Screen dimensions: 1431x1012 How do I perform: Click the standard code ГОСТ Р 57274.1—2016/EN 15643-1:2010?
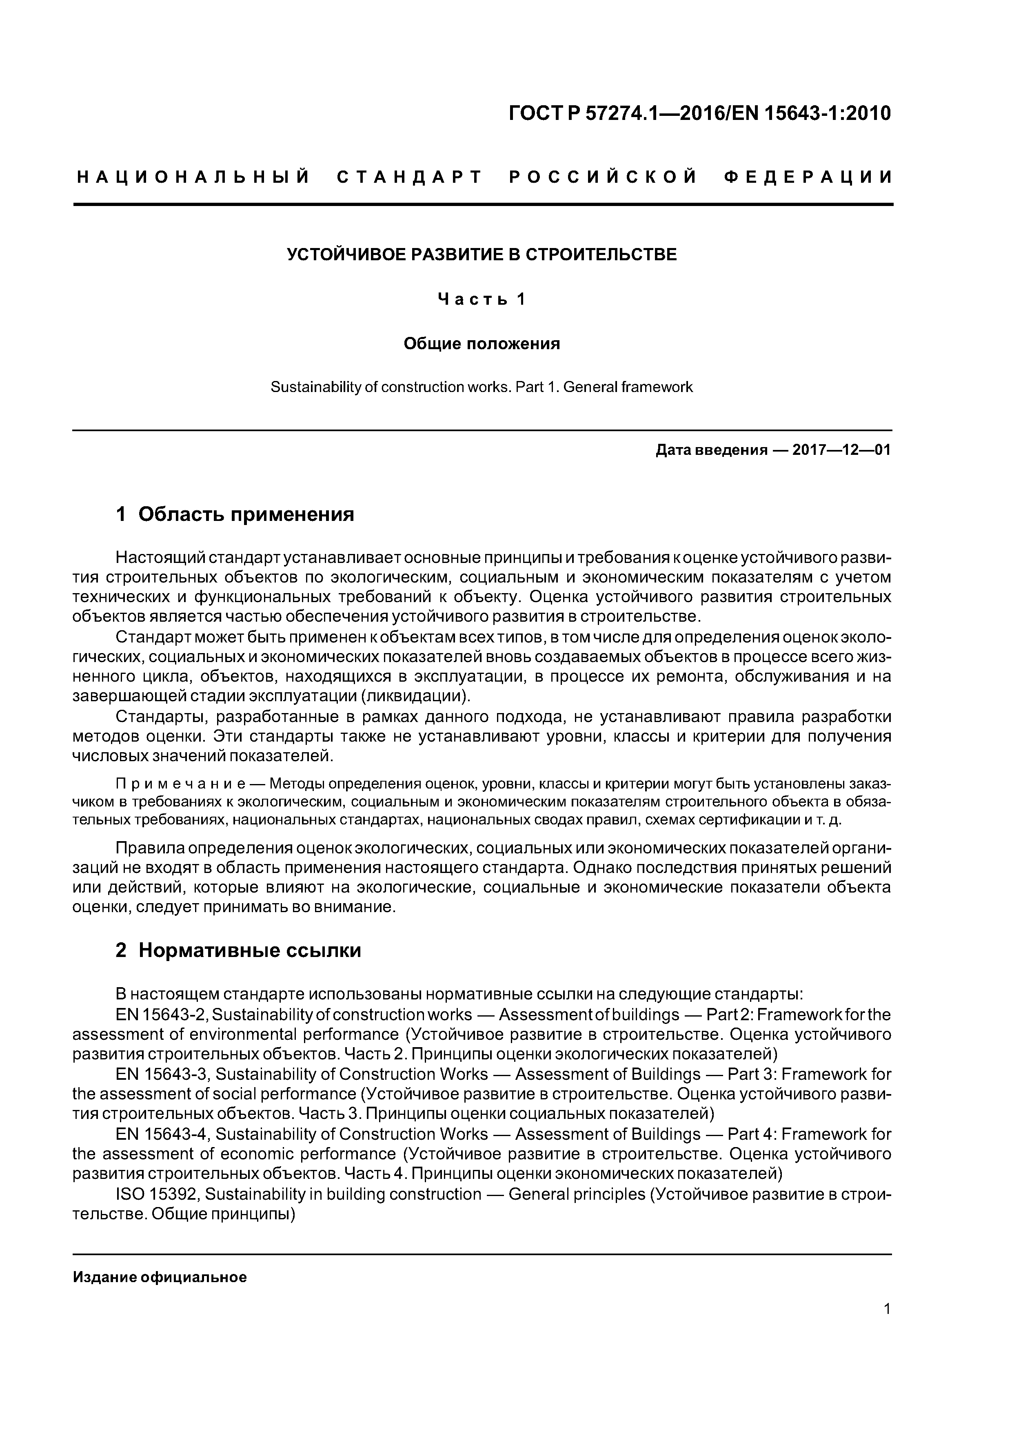699,113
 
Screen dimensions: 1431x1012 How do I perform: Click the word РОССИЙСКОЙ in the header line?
603,177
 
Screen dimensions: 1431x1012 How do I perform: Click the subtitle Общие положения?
482,343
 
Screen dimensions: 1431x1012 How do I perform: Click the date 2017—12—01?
841,450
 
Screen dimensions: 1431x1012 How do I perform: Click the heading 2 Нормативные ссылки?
238,950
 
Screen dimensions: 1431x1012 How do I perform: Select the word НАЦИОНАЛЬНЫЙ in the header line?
193,177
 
